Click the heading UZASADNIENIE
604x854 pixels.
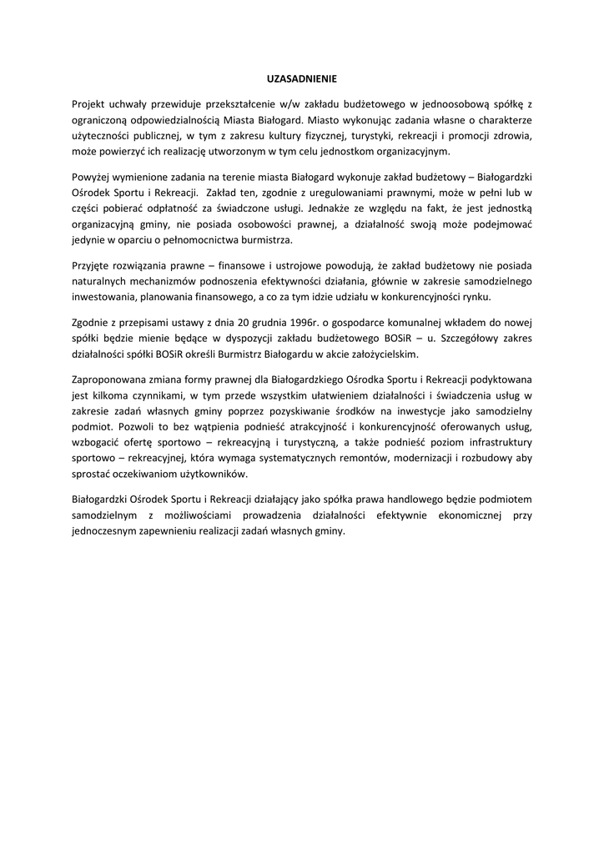[x=301, y=80]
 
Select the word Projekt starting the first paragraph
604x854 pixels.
[x=89, y=104]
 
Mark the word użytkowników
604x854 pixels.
[x=214, y=473]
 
